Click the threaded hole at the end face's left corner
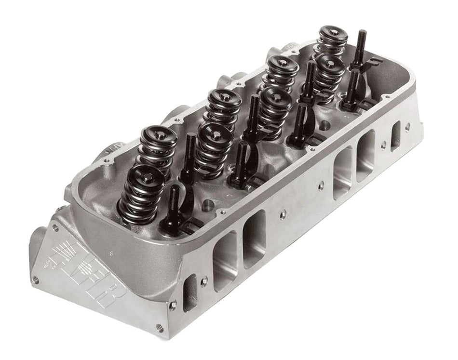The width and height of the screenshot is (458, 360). click(x=35, y=278)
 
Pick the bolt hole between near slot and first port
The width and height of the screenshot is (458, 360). click(x=205, y=279)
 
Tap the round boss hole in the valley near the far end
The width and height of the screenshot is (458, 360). click(x=326, y=125)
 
